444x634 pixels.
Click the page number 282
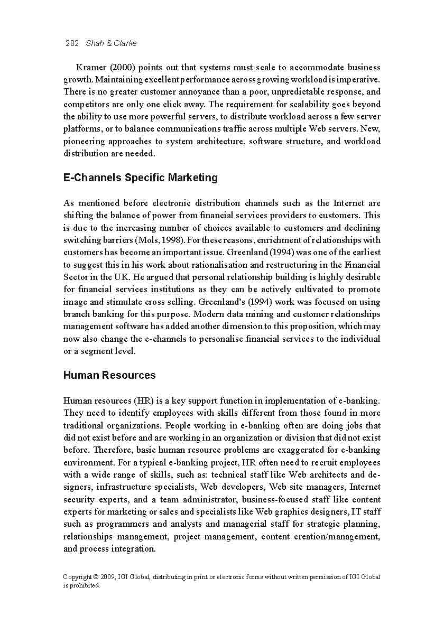click(72, 43)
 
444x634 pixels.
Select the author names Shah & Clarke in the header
click(111, 43)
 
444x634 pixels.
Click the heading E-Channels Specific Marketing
click(140, 178)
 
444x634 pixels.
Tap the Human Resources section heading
click(109, 375)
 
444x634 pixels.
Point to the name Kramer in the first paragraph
click(91, 68)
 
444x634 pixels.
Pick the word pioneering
click(84, 142)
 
